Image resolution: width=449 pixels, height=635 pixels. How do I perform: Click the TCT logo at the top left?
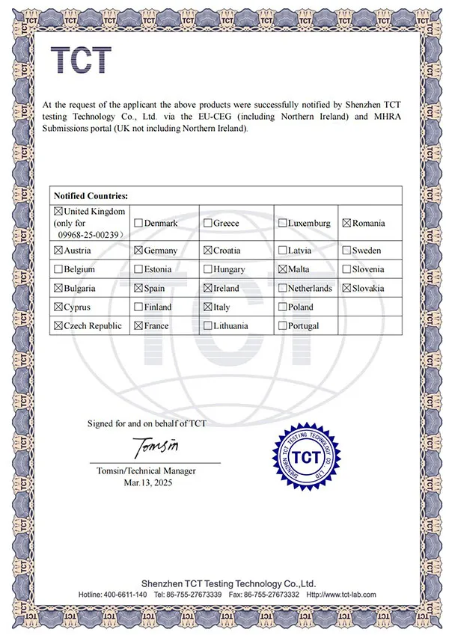click(80, 60)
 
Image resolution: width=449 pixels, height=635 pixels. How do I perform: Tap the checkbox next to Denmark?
click(138, 223)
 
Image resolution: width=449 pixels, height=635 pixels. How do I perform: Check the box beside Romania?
click(346, 223)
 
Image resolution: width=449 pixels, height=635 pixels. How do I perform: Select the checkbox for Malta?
click(282, 269)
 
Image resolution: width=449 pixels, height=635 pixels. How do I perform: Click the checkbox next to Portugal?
click(282, 326)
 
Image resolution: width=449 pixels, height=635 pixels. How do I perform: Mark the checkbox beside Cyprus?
click(59, 307)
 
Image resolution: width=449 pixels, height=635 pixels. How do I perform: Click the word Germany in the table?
click(160, 251)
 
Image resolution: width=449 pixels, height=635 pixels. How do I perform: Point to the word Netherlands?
click(310, 288)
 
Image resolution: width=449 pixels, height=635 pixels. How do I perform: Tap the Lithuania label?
click(236, 326)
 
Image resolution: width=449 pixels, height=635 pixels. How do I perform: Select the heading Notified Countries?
click(91, 195)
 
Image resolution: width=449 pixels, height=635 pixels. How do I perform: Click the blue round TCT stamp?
click(305, 456)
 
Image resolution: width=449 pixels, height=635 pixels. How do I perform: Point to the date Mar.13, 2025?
click(147, 482)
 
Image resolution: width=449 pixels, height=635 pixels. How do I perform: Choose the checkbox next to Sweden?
click(346, 251)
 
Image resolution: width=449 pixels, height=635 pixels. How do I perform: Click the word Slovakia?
click(368, 288)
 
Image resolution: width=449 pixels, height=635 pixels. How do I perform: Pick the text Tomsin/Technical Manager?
click(147, 470)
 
